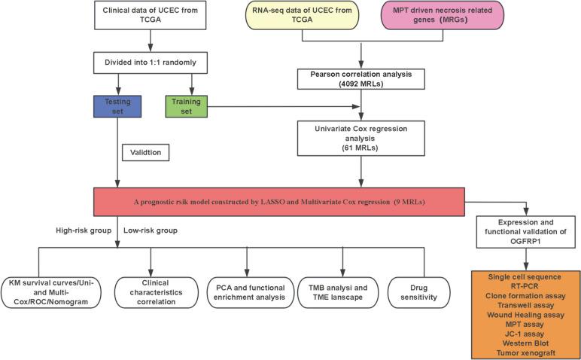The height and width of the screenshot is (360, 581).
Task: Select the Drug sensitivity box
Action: click(x=420, y=291)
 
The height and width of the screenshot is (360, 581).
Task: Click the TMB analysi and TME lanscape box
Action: click(x=342, y=291)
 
